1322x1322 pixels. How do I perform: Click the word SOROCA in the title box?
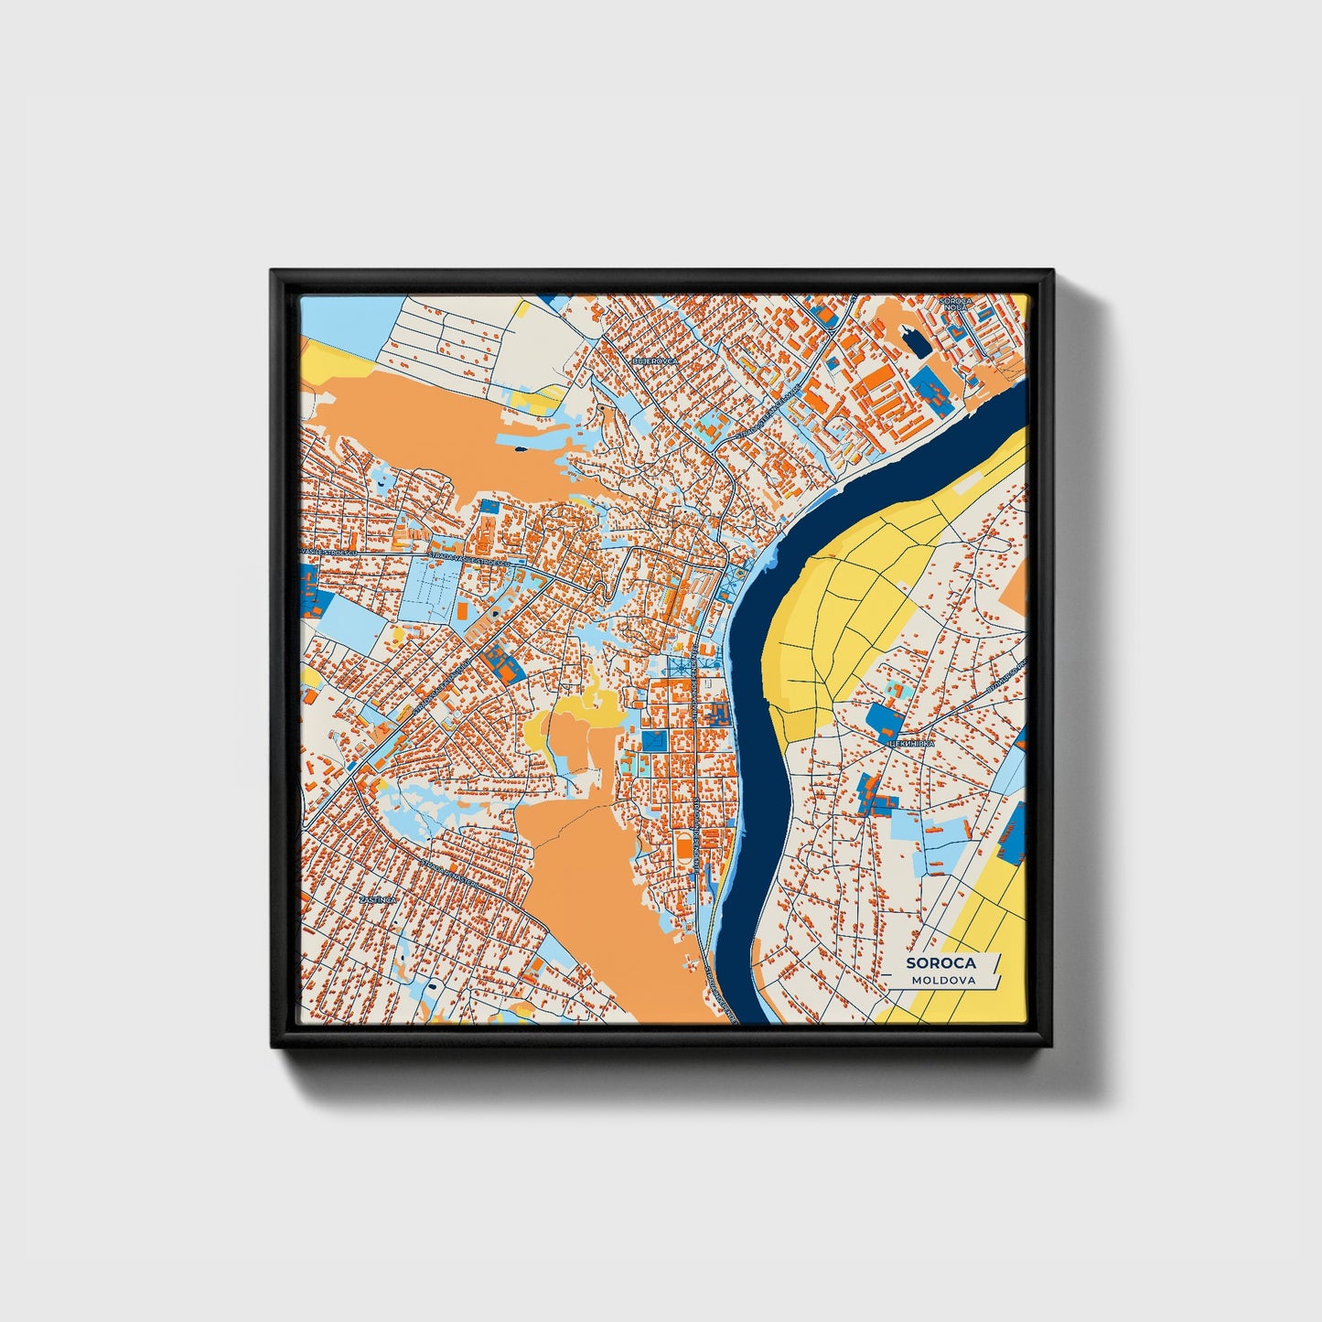click(x=940, y=962)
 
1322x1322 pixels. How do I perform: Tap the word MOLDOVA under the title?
click(x=943, y=980)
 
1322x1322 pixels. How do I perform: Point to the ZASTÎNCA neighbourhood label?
click(x=377, y=900)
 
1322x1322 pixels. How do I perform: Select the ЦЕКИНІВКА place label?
click(x=911, y=744)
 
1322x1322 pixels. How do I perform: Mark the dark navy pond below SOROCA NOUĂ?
click(x=913, y=345)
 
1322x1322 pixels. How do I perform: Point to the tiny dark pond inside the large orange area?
click(x=520, y=448)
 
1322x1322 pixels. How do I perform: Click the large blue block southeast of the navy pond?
click(x=935, y=389)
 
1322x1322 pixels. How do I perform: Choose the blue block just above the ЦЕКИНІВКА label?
click(x=883, y=721)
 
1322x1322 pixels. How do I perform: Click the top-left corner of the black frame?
click(x=273, y=272)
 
